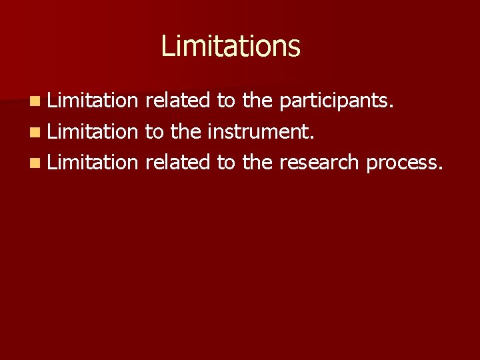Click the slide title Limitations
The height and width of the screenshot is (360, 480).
(x=231, y=46)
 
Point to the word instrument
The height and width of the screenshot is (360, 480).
(x=259, y=132)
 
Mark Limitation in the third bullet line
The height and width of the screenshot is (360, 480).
(x=92, y=161)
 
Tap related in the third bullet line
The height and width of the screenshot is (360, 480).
(x=177, y=161)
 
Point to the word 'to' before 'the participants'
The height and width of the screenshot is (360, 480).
(x=226, y=101)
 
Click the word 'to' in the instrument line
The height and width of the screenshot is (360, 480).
(x=154, y=131)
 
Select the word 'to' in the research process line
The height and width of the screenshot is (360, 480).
(x=226, y=162)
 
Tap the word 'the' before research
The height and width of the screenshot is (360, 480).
(x=257, y=161)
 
